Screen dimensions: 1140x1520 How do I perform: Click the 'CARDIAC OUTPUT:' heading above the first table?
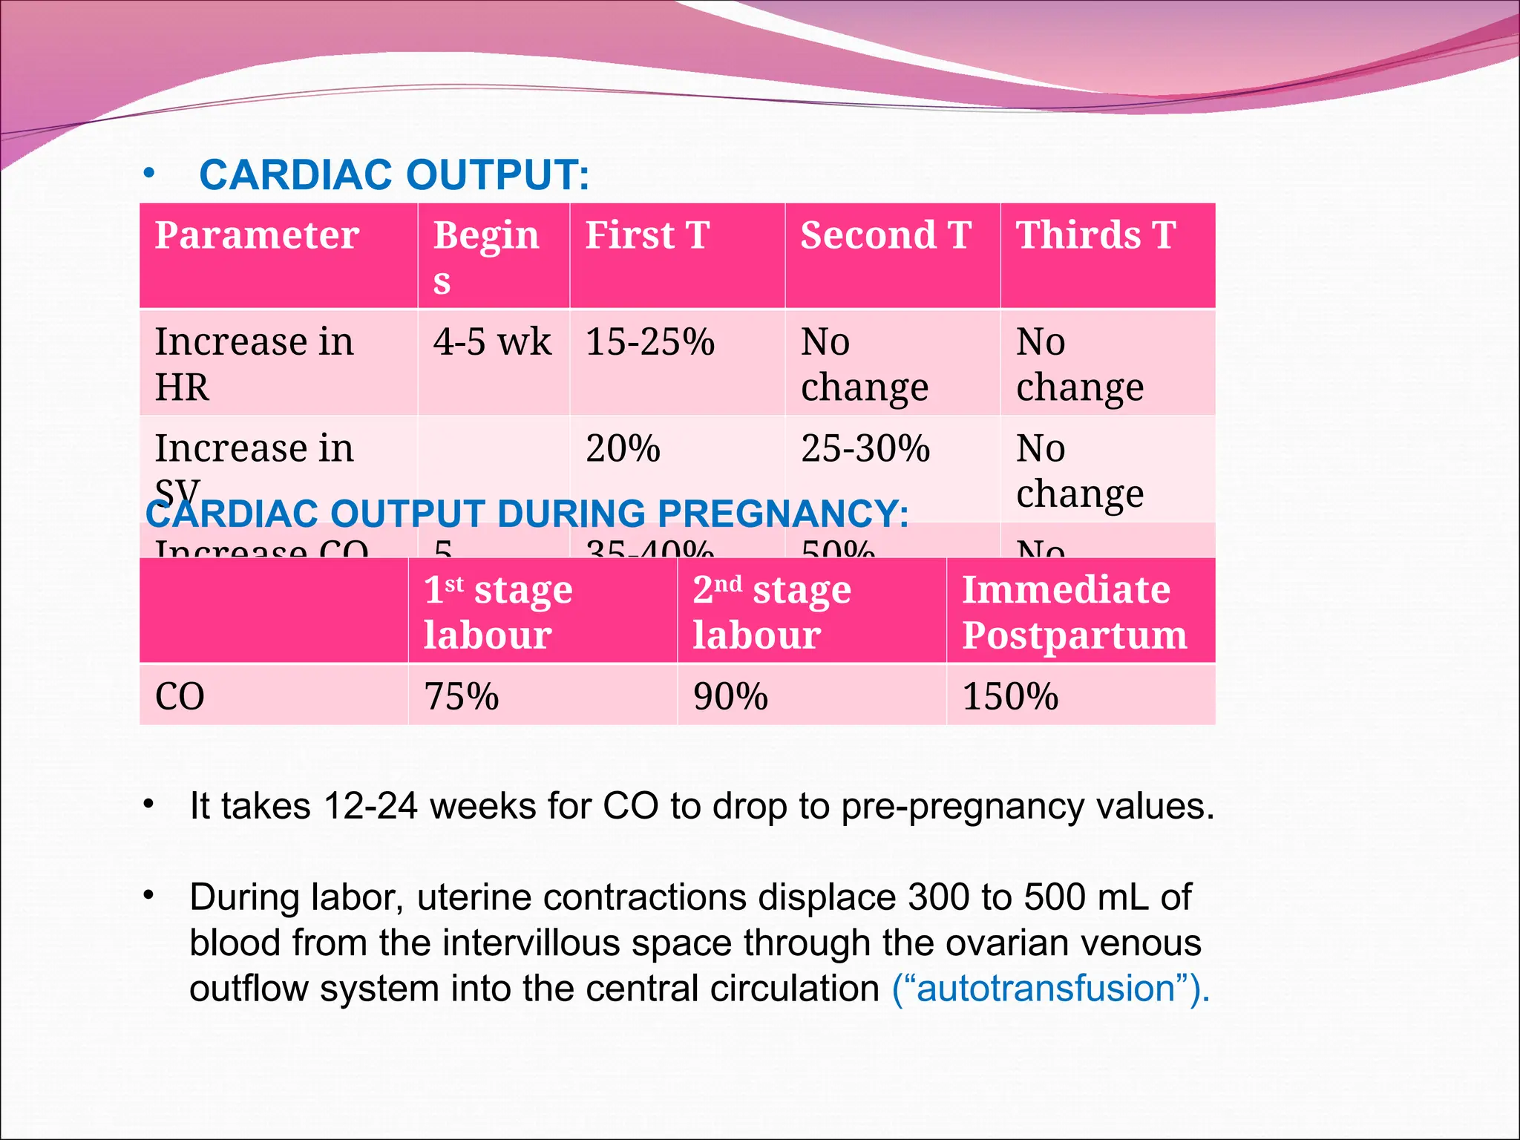click(394, 175)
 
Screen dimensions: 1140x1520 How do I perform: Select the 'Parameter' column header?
click(257, 235)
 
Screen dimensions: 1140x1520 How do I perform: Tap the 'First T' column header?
click(647, 235)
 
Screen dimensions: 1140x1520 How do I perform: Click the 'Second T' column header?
click(885, 235)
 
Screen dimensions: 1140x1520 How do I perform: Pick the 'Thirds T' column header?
click(1095, 235)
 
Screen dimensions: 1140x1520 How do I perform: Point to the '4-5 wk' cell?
click(492, 342)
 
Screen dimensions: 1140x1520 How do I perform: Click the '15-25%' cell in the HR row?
click(650, 342)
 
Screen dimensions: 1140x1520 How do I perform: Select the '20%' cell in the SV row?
click(623, 449)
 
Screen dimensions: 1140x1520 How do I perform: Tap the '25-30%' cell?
click(865, 449)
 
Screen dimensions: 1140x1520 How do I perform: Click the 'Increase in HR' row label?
click(254, 364)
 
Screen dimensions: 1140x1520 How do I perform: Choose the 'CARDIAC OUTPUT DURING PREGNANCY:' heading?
click(527, 514)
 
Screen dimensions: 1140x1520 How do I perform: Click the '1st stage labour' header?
click(498, 612)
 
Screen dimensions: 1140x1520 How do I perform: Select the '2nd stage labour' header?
click(772, 612)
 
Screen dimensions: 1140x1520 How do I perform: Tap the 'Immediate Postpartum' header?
click(1074, 612)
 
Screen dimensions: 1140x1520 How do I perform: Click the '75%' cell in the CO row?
click(461, 696)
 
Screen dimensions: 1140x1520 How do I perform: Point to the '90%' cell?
click(730, 696)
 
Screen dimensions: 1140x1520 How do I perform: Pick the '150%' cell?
click(1010, 696)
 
